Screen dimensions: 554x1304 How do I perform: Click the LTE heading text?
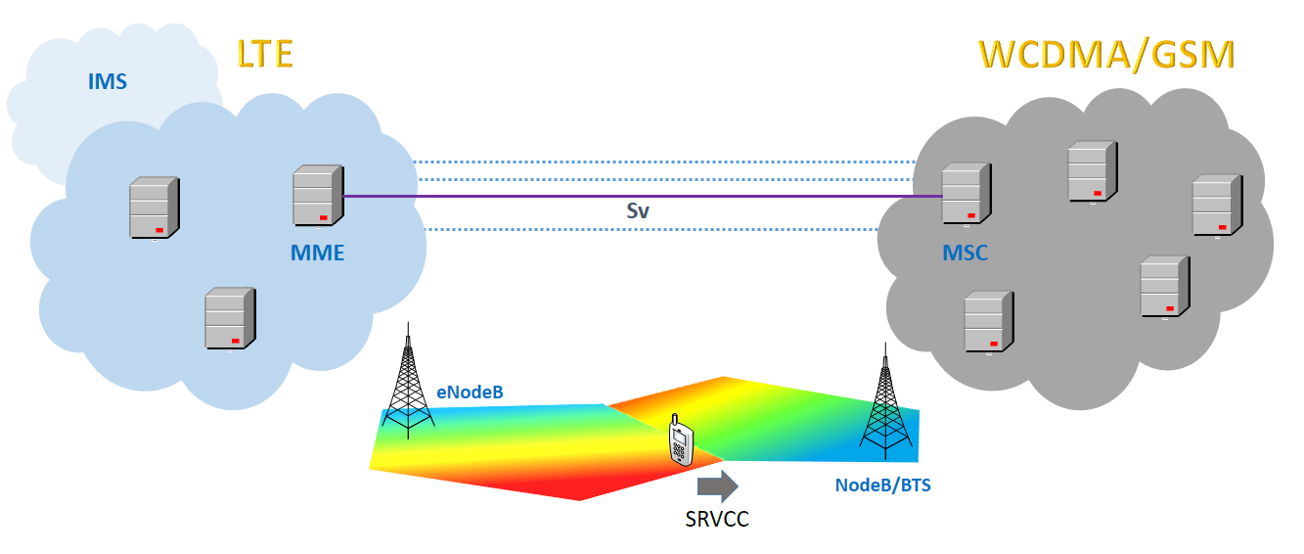click(265, 53)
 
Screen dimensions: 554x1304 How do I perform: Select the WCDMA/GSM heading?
click(1106, 56)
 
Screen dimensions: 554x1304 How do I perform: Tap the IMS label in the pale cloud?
click(108, 81)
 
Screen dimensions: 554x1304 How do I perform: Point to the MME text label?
click(318, 253)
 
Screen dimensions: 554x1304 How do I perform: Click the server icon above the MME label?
click(318, 197)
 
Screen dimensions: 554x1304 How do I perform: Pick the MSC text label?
click(965, 254)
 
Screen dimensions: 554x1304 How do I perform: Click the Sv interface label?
click(638, 210)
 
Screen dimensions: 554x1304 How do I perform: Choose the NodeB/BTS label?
click(882, 484)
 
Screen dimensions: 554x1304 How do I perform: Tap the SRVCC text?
click(717, 519)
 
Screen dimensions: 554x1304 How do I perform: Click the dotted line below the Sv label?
click(646, 230)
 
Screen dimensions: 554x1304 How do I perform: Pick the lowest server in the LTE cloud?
click(229, 318)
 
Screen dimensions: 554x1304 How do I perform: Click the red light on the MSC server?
click(971, 214)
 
